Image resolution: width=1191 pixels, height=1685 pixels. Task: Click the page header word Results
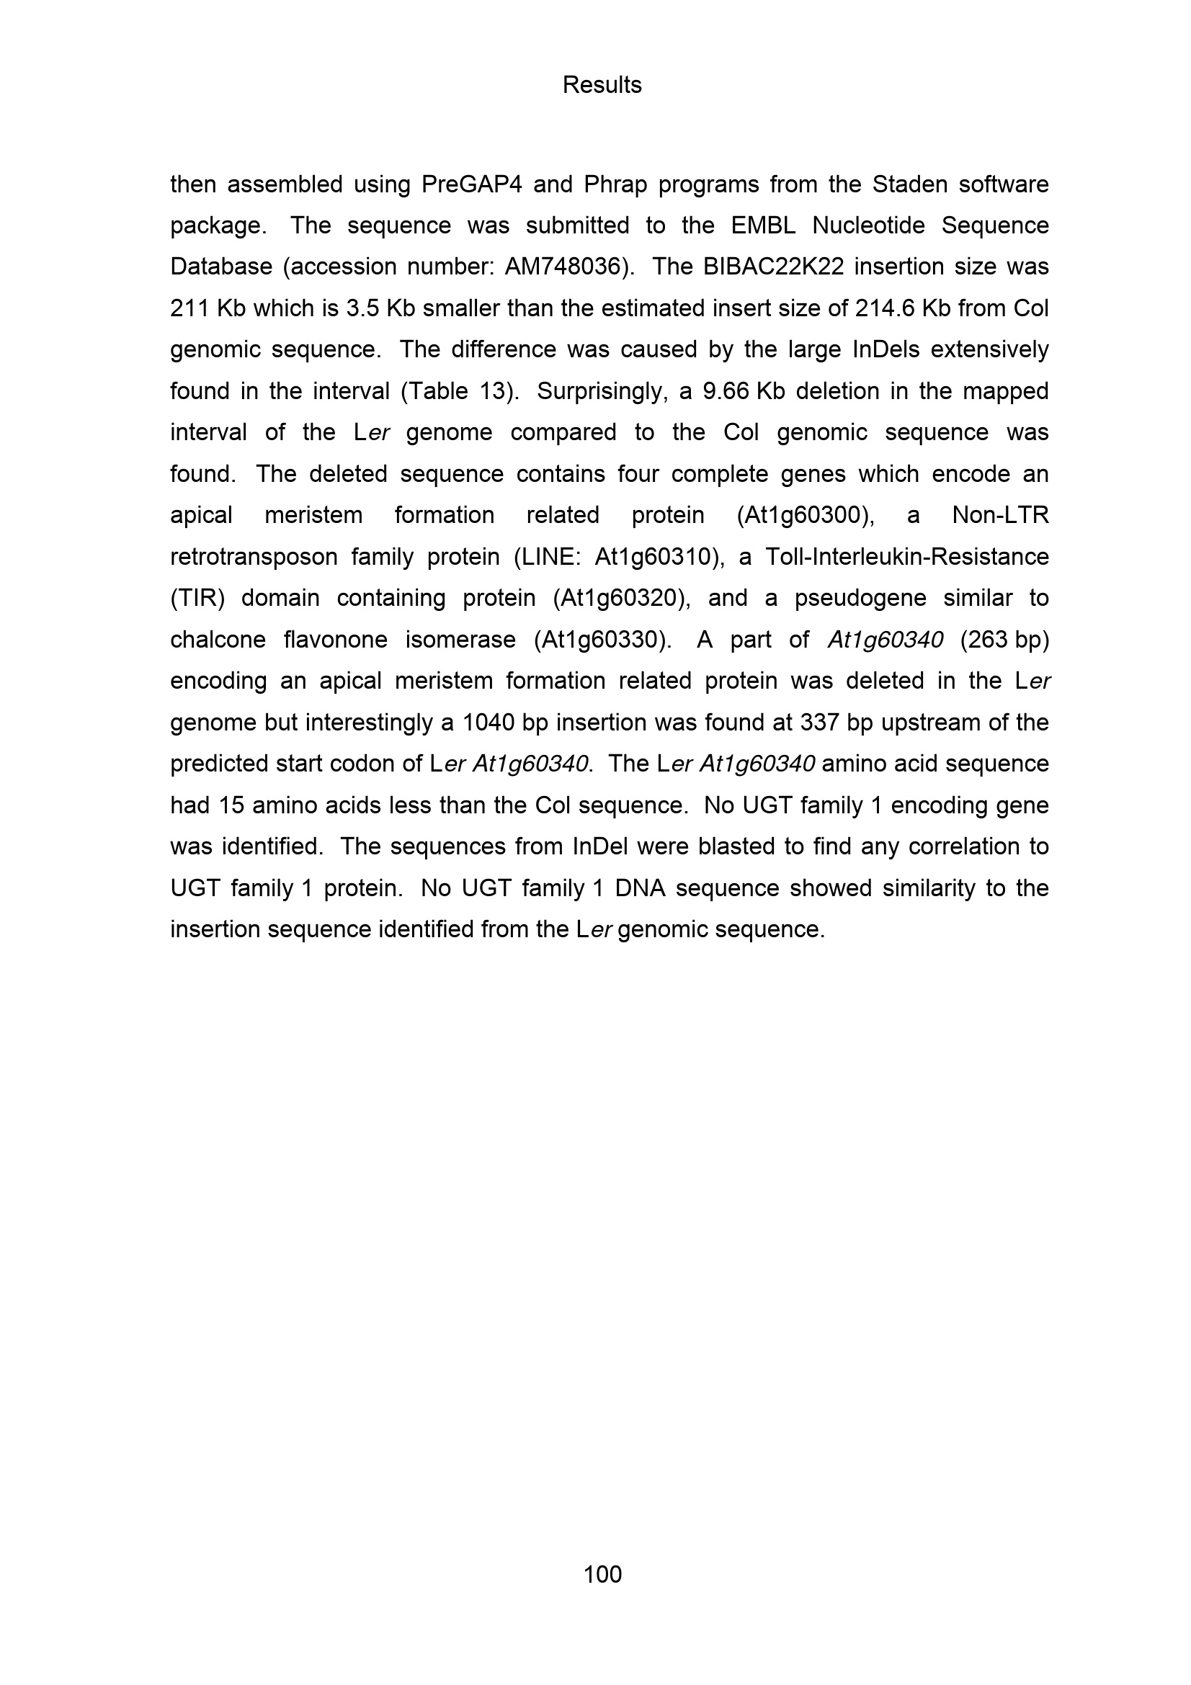point(602,85)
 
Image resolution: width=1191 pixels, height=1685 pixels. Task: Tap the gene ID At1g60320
point(621,598)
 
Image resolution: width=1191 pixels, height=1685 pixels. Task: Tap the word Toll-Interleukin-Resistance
point(907,557)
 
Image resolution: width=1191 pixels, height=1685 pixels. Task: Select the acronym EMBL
point(763,225)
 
